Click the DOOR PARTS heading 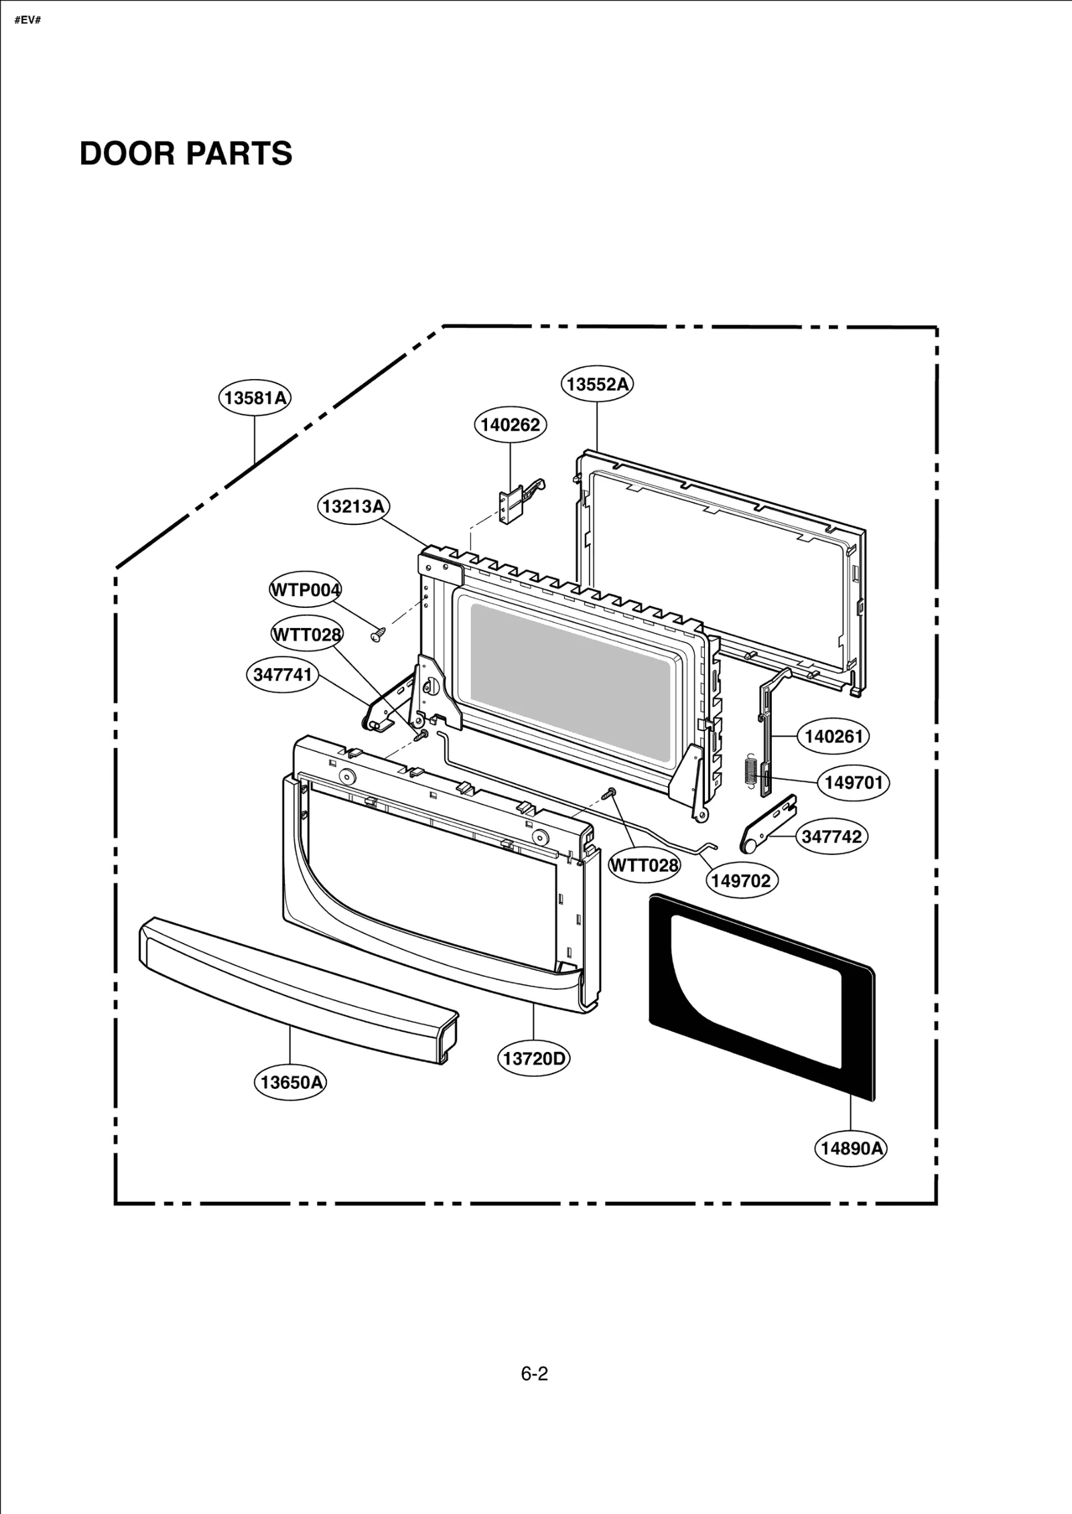click(x=186, y=153)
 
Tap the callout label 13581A click(x=255, y=398)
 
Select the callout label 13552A click(x=597, y=384)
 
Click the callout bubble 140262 click(x=510, y=425)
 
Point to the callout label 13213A click(x=353, y=506)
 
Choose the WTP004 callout click(x=305, y=590)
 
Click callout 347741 click(x=282, y=674)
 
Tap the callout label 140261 click(x=833, y=737)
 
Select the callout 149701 click(x=853, y=782)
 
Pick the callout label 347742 click(x=831, y=836)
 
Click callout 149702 click(x=741, y=881)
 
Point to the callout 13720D click(x=534, y=1059)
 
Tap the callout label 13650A click(x=290, y=1082)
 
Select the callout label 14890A click(x=851, y=1148)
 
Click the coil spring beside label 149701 click(x=750, y=769)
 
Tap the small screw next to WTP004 click(x=377, y=633)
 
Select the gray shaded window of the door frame click(x=569, y=683)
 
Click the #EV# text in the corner click(x=27, y=20)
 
